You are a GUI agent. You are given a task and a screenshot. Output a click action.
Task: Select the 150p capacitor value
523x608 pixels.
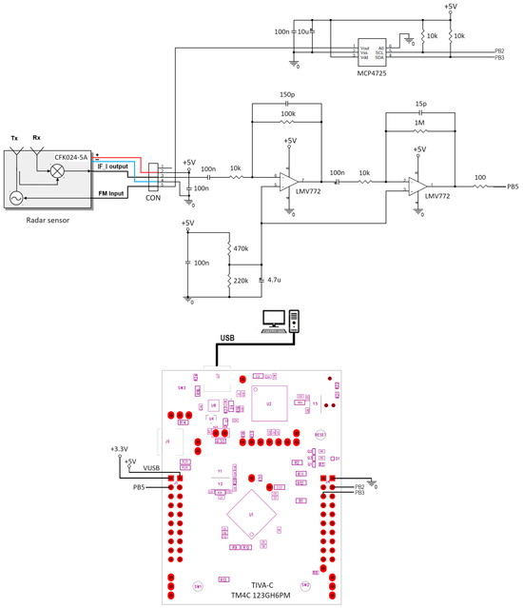point(286,94)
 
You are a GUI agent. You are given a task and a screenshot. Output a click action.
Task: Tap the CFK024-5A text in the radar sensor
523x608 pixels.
point(71,155)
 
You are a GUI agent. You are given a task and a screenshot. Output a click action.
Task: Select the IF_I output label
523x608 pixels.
point(112,167)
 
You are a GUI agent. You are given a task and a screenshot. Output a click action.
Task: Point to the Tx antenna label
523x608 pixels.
point(14,137)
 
